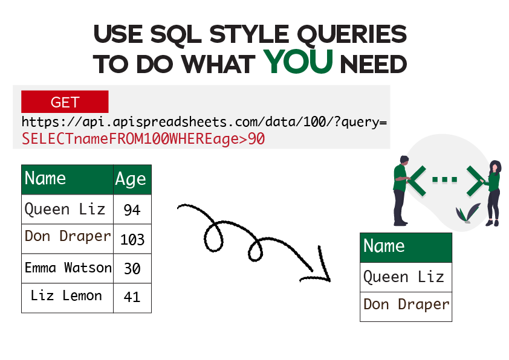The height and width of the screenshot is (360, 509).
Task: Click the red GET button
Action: coord(65,102)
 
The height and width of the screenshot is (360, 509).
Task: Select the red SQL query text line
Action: coord(143,140)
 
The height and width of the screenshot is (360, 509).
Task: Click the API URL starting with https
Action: coord(204,122)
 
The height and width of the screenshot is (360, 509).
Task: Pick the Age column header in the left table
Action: coord(132,179)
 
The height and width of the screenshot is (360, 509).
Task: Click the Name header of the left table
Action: coord(67,179)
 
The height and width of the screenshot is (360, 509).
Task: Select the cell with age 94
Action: coord(132,210)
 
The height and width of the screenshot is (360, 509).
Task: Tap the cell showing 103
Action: coord(132,239)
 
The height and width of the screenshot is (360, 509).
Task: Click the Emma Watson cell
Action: coord(67,268)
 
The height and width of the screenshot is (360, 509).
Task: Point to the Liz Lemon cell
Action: coord(67,297)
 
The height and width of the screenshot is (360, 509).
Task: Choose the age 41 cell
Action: coord(132,297)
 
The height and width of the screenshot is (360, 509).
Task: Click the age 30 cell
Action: coord(132,268)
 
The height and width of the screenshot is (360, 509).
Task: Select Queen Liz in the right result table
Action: coord(405,277)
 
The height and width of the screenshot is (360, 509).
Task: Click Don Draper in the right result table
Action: coord(405,304)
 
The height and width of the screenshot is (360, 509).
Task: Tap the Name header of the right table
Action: coord(405,247)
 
